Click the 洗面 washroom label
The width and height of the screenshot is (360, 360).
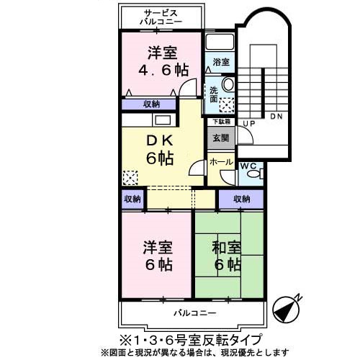point(214,95)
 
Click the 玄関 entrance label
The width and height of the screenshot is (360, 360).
point(220,138)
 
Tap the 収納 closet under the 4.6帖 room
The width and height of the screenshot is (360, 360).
point(150,104)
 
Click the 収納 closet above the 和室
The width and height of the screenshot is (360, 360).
point(240,199)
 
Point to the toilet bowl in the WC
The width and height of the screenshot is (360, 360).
point(258,174)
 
